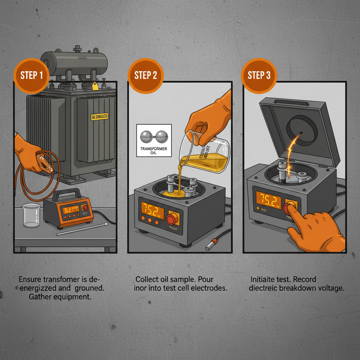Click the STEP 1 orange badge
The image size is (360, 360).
(x=31, y=76)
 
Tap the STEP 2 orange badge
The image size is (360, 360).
(x=145, y=76)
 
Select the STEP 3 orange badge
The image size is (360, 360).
(x=259, y=76)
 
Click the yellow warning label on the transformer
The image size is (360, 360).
(x=99, y=117)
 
